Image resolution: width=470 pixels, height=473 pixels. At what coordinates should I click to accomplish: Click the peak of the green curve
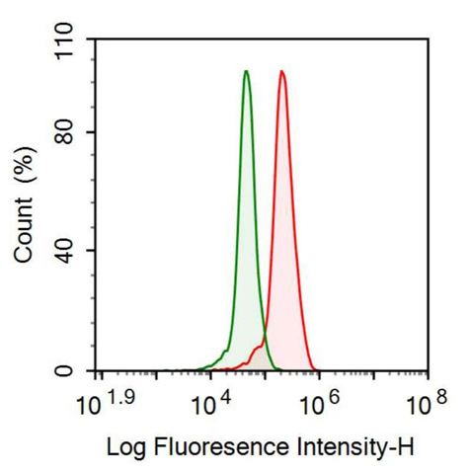tap(246, 71)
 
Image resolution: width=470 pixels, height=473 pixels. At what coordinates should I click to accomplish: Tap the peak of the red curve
tap(282, 71)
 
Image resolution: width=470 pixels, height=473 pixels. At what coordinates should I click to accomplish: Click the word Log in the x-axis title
tap(124, 447)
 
